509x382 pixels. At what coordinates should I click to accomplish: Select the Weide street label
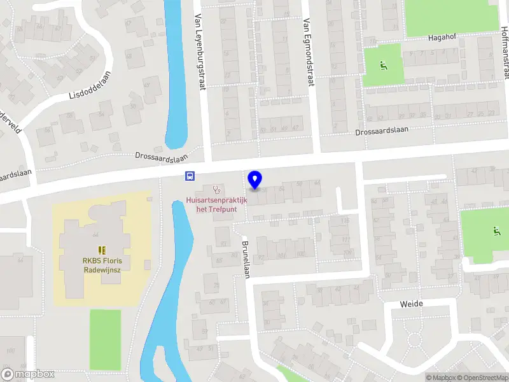(411, 304)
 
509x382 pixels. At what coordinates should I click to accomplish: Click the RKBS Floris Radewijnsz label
(101, 264)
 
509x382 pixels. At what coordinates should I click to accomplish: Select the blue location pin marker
(254, 180)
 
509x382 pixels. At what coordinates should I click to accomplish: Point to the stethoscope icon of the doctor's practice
(217, 190)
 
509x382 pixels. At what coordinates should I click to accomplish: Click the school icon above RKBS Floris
(101, 250)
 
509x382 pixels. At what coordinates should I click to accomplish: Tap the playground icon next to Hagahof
(383, 64)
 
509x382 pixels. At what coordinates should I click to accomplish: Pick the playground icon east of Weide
(496, 232)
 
